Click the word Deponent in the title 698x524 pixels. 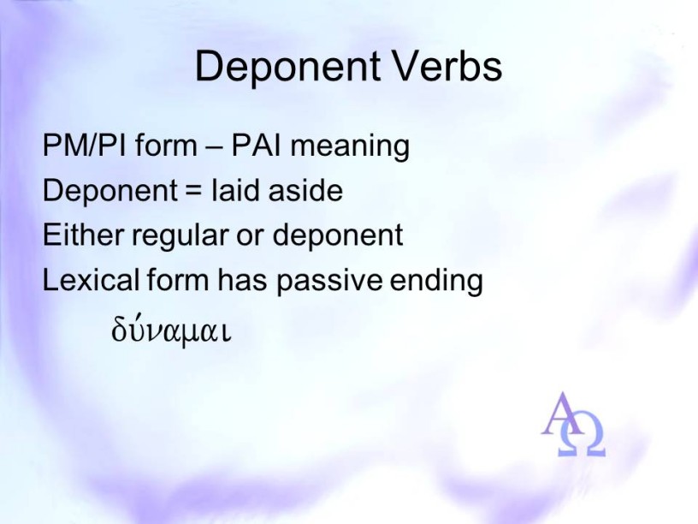click(287, 68)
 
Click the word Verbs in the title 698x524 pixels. click(447, 66)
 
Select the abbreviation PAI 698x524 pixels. click(257, 146)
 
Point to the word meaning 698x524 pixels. click(350, 147)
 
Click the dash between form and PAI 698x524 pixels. click(214, 147)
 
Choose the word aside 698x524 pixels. click(305, 190)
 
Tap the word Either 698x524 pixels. click(82, 235)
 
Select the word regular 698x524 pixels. click(180, 236)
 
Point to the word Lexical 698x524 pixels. click(91, 280)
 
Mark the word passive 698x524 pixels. click(329, 282)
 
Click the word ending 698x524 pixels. click(436, 282)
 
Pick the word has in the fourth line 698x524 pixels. click(242, 280)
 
